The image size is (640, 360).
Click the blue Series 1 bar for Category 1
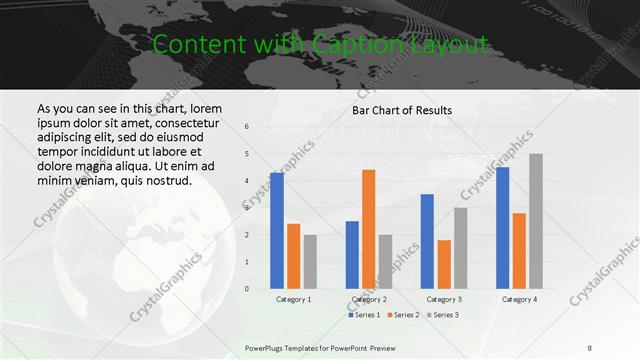click(277, 230)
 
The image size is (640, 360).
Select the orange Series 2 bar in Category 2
click(368, 229)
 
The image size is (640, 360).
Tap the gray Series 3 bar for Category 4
click(536, 221)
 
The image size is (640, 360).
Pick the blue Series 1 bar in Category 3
click(427, 241)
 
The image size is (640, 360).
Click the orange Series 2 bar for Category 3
click(444, 264)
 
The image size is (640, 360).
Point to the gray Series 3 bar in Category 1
click(310, 262)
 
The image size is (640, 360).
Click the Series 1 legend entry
click(364, 315)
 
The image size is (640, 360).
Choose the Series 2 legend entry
click(403, 315)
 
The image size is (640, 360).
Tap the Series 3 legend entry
click(441, 315)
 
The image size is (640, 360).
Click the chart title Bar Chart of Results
click(402, 110)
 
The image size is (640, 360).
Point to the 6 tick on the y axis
click(246, 127)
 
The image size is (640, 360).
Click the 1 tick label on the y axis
click(246, 262)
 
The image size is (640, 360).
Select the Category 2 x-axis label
click(369, 299)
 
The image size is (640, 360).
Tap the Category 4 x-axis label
click(519, 299)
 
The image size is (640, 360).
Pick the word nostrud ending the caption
click(168, 180)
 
